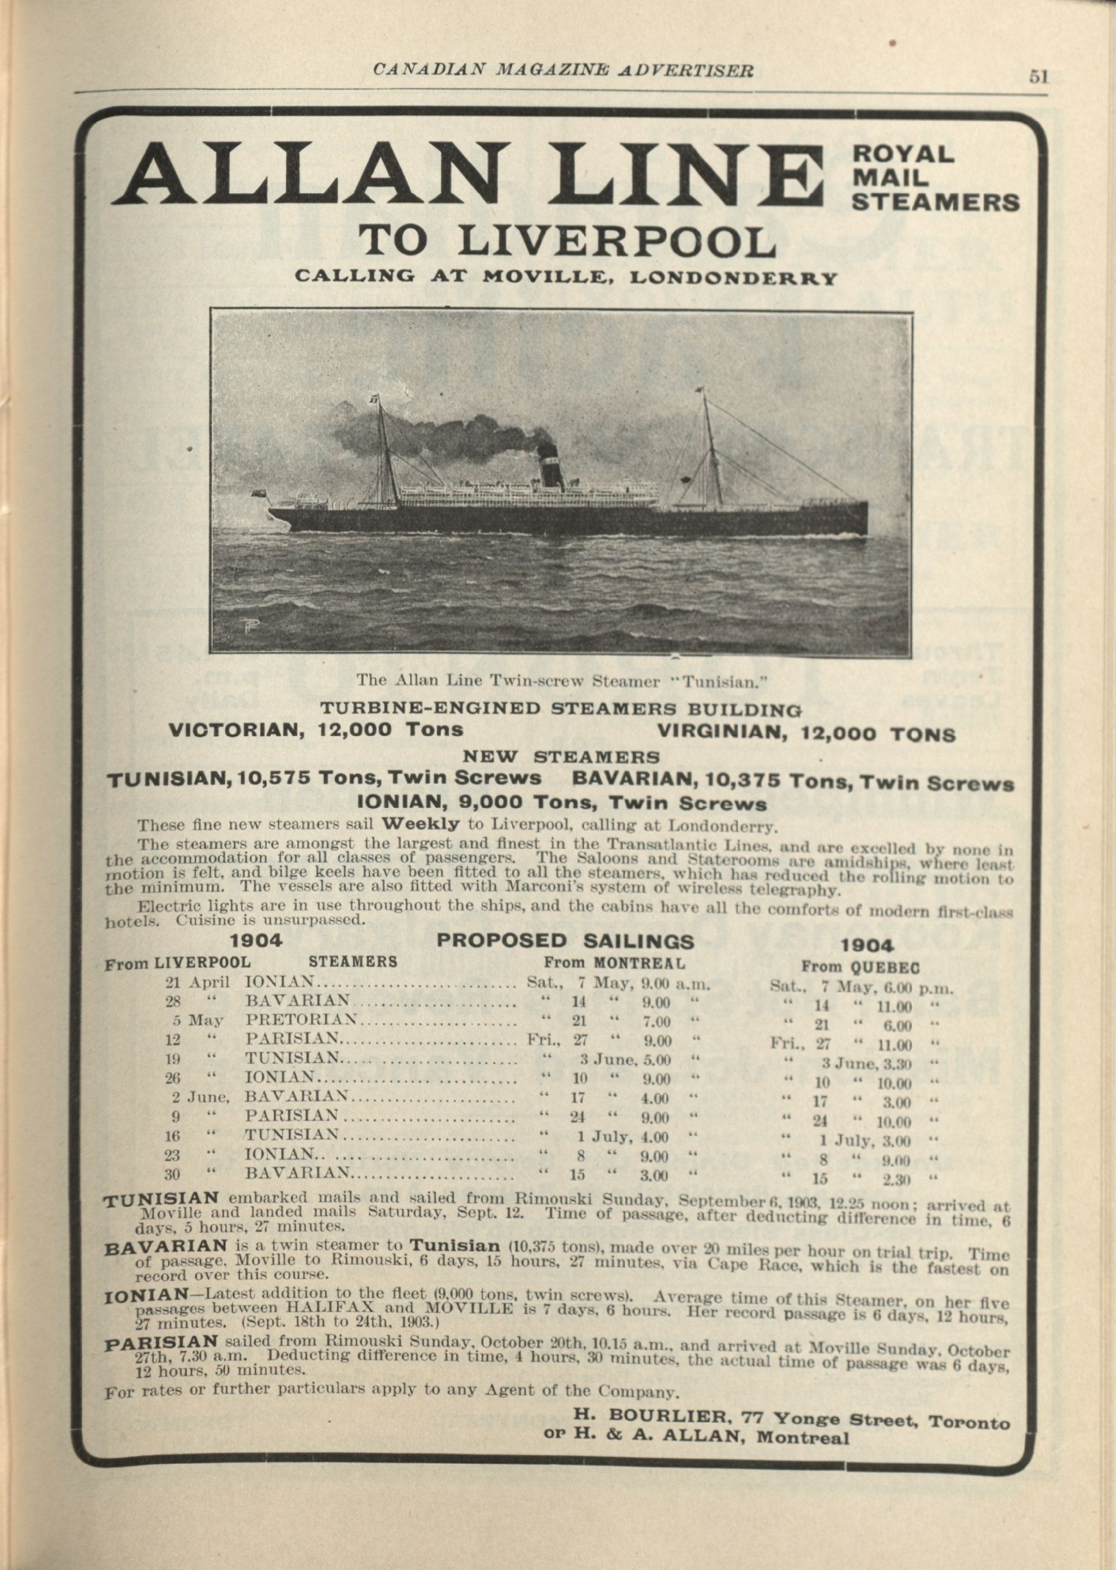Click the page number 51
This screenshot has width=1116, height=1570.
1038,76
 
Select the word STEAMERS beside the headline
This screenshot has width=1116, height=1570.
934,202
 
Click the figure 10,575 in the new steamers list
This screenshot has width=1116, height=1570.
274,778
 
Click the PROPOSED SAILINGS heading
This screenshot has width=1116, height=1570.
565,940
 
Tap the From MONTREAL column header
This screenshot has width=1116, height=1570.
614,963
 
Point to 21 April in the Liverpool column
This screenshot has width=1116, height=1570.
197,982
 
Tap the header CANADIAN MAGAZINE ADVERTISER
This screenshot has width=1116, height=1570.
563,69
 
